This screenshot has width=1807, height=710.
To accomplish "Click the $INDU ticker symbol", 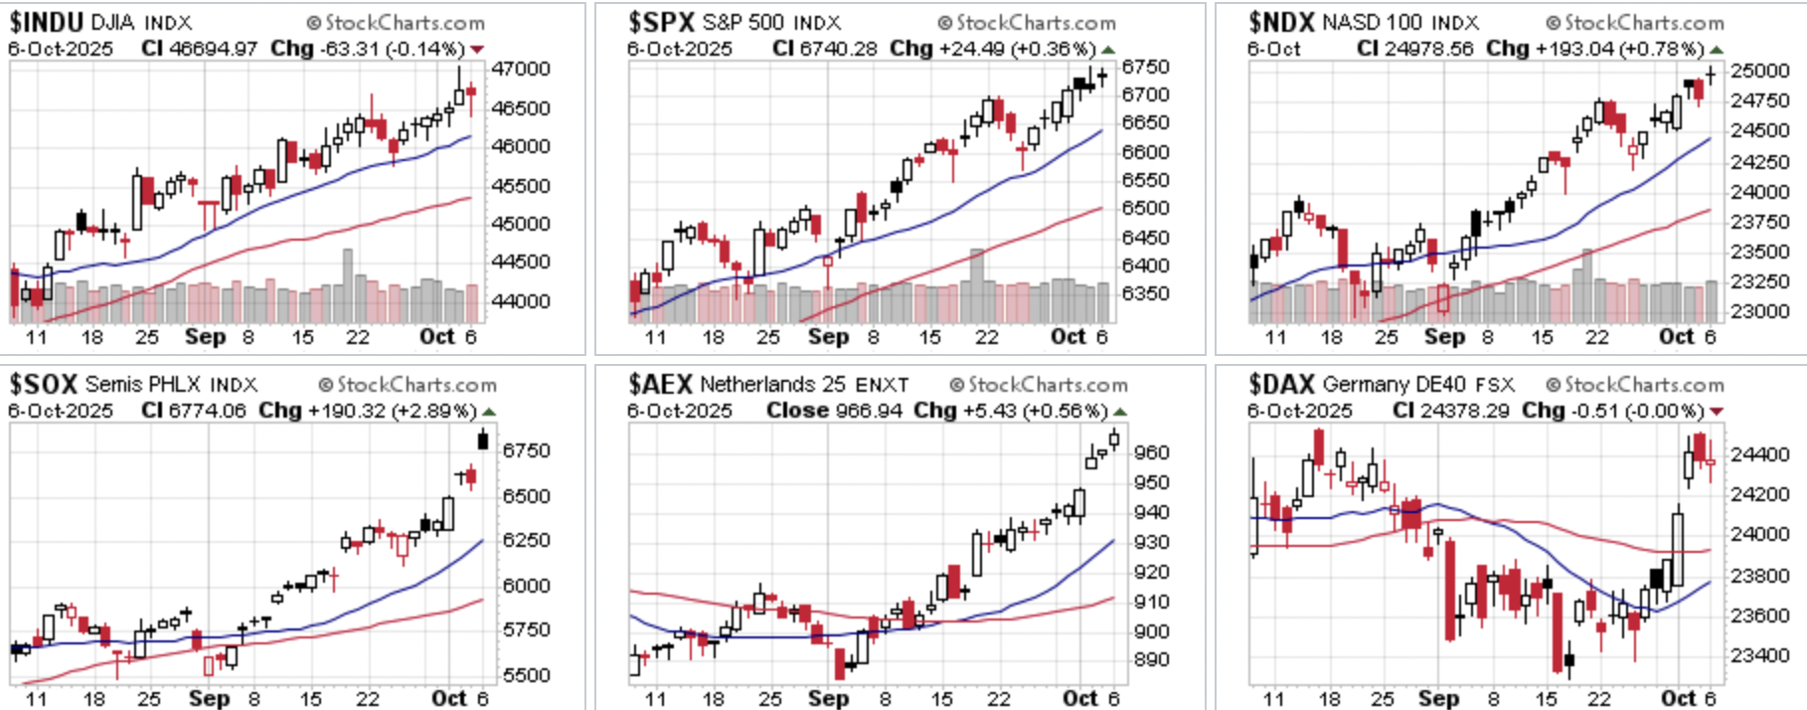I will (46, 22).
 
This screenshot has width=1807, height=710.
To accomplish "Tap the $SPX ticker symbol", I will (661, 22).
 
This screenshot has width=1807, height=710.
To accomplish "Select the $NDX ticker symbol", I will (1281, 22).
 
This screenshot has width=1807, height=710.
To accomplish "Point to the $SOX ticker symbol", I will (43, 384).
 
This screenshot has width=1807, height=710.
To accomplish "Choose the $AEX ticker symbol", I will (661, 384).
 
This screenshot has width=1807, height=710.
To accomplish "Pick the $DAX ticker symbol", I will (1281, 384).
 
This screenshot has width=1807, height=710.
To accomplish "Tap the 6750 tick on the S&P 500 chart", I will (1145, 67).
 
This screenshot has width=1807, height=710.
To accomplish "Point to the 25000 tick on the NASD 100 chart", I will (1760, 71).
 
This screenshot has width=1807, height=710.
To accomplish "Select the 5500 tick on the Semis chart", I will (526, 674).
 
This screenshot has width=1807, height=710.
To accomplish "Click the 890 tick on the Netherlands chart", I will (1152, 659).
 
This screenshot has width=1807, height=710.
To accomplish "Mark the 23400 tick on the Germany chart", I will (1760, 655).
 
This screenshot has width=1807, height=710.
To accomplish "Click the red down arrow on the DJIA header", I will (477, 50).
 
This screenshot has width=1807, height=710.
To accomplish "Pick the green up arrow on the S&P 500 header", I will (1108, 50).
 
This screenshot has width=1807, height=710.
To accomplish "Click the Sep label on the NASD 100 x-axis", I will (1444, 337).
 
